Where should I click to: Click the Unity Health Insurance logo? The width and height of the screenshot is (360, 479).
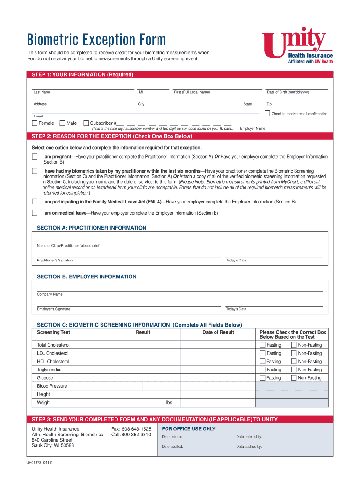point(297,45)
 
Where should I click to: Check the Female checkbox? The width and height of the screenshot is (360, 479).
point(35,123)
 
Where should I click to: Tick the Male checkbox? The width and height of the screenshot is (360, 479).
point(63,123)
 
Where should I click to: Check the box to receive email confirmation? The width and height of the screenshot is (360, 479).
point(267,113)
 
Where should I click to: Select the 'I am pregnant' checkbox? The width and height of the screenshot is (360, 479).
point(35,156)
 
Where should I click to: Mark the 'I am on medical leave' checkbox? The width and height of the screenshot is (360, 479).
point(35,213)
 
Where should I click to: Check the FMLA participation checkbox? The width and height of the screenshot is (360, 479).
point(35,202)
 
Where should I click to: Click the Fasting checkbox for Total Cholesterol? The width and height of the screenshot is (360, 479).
point(262,345)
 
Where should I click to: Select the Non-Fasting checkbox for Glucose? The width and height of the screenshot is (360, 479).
point(294,378)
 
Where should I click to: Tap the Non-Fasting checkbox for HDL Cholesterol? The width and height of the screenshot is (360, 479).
point(294,362)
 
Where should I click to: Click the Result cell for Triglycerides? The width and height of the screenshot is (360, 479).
point(143,370)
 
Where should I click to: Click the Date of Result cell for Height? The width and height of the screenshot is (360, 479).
point(218,394)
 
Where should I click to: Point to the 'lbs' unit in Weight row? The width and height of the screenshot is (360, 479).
point(169,402)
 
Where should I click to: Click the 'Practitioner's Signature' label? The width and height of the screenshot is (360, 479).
point(55,261)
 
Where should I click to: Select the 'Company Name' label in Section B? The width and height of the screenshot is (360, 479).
point(50,294)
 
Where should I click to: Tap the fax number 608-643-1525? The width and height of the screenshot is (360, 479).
point(131,429)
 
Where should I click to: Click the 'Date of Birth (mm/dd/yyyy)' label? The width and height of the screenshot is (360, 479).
point(288,92)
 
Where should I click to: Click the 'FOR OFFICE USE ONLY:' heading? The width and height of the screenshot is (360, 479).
point(189,428)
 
